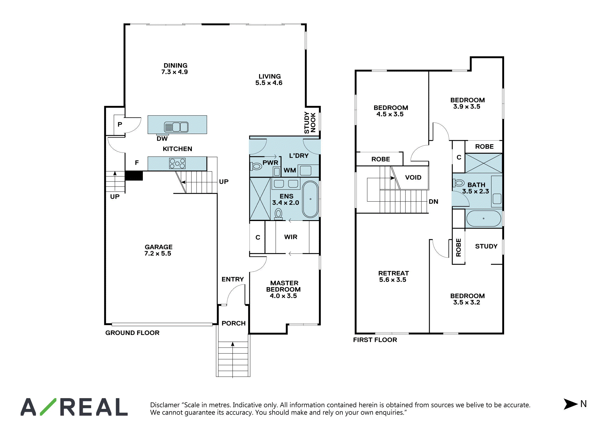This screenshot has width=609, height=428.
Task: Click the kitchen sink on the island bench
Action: pyautogui.click(x=176, y=127)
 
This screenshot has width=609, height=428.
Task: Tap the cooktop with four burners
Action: pyautogui.click(x=177, y=164)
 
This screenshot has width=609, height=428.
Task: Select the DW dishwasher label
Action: pyautogui.click(x=162, y=138)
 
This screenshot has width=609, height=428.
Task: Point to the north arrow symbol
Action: pyautogui.click(x=570, y=404)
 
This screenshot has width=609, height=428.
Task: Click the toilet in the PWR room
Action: pyautogui.click(x=256, y=166)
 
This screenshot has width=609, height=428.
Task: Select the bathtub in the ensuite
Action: pyautogui.click(x=310, y=199)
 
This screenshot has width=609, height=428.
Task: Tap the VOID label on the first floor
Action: pyautogui.click(x=413, y=177)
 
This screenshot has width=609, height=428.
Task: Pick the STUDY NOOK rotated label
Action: pyautogui.click(x=310, y=123)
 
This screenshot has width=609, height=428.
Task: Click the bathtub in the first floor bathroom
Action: pyautogui.click(x=483, y=219)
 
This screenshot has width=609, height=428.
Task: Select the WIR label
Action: pyautogui.click(x=291, y=237)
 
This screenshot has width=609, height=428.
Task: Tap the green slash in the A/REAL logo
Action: pyautogui.click(x=48, y=407)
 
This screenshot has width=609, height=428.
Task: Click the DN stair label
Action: pyautogui.click(x=434, y=202)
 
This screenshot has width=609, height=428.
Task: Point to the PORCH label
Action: pyautogui.click(x=234, y=323)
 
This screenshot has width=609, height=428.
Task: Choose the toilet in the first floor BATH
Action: pyautogui.click(x=459, y=183)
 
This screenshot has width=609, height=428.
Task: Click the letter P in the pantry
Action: pyautogui.click(x=120, y=124)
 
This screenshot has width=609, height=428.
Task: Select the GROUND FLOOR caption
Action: pyautogui.click(x=132, y=333)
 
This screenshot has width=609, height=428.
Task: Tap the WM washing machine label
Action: pyautogui.click(x=290, y=170)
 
